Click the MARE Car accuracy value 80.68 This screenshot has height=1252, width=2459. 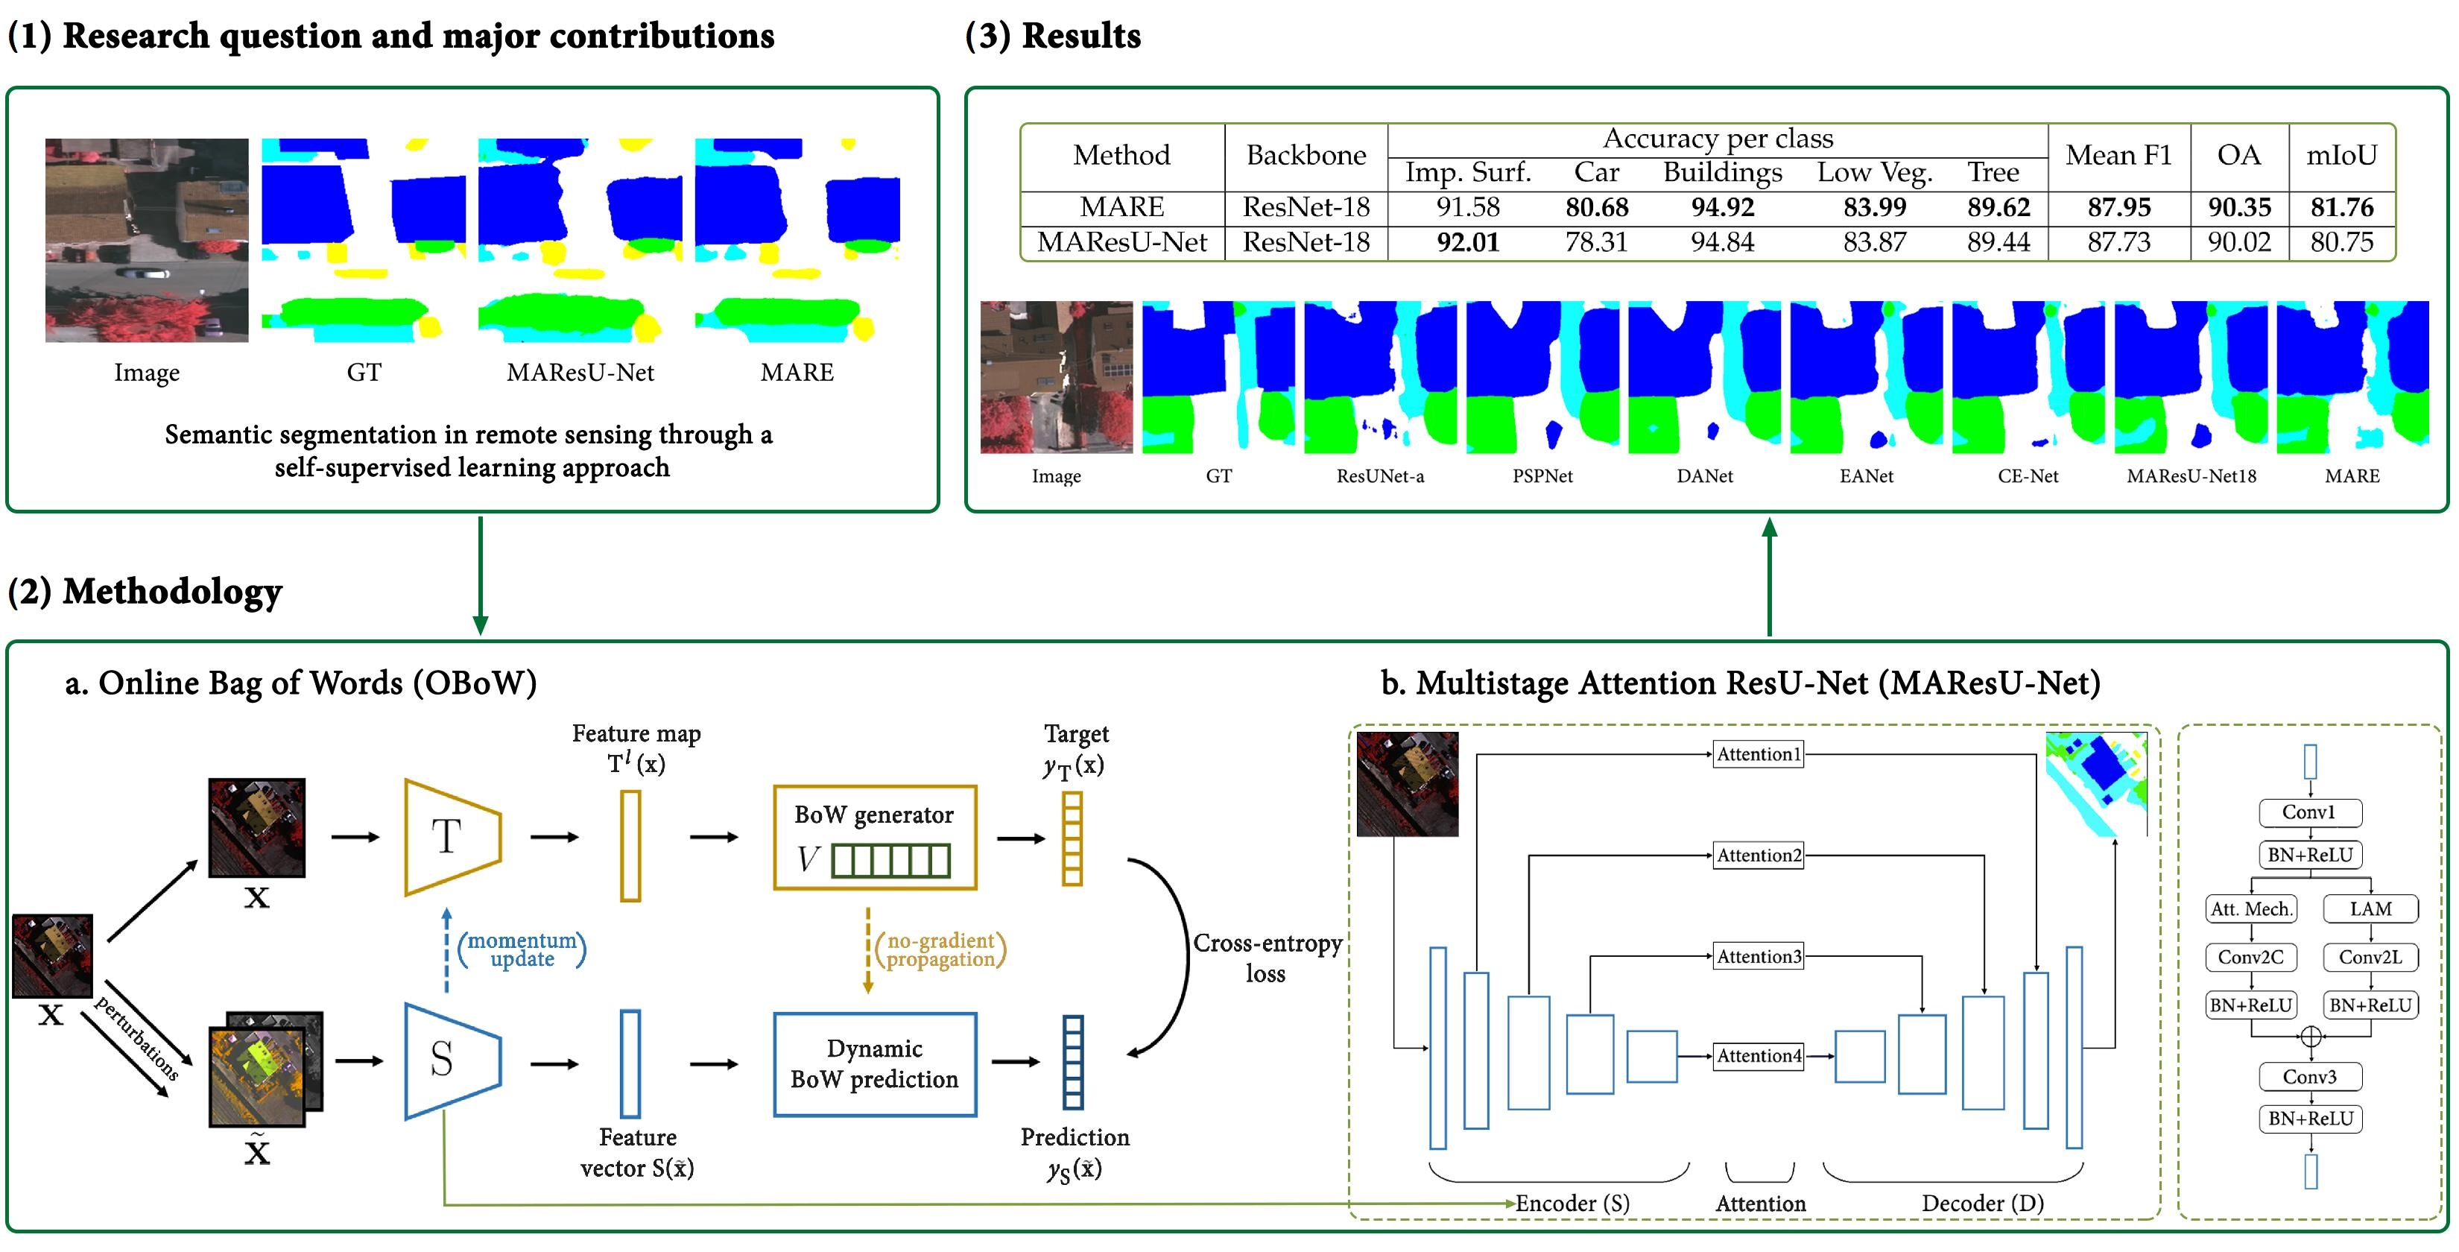point(1596,207)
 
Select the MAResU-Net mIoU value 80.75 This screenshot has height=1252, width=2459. point(2341,242)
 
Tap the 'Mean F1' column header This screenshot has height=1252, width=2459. point(2118,156)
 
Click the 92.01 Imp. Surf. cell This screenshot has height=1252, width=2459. point(1467,242)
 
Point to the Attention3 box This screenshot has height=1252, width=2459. point(1759,956)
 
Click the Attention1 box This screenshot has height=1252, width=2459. point(1759,753)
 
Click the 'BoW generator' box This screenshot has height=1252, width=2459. point(873,838)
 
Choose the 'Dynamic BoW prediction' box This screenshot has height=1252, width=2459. point(873,1064)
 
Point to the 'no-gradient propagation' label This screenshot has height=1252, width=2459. point(940,949)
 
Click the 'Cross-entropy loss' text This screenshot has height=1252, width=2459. point(1267,958)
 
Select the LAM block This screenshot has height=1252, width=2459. point(2370,908)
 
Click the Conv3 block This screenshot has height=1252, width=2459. point(2309,1076)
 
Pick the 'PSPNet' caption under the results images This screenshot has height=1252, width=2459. point(1542,475)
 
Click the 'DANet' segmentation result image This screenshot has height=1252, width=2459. point(1704,377)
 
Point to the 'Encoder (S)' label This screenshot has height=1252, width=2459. point(1572,1204)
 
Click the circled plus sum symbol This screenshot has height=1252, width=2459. point(2310,1036)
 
